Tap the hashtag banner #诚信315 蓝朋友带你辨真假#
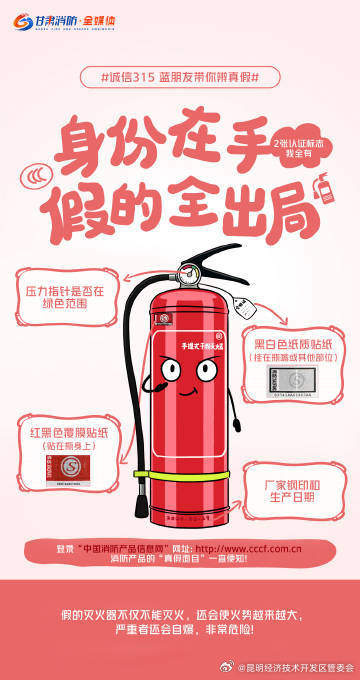pos(180,78)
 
